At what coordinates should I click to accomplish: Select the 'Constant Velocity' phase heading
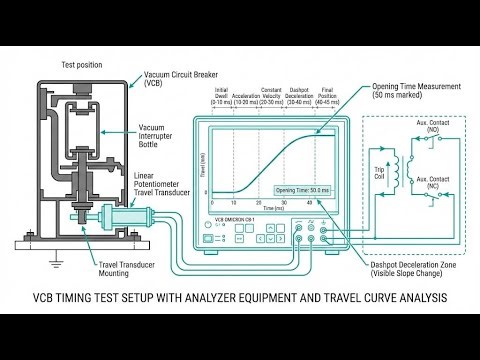point(273,91)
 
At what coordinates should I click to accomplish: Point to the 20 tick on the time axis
point(258,201)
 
